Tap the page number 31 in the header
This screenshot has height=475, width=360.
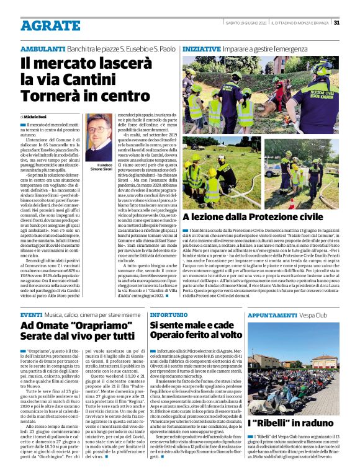(336, 23)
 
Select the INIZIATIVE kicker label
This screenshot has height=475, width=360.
(201, 48)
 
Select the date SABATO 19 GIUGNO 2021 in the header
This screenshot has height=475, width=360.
(246, 23)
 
